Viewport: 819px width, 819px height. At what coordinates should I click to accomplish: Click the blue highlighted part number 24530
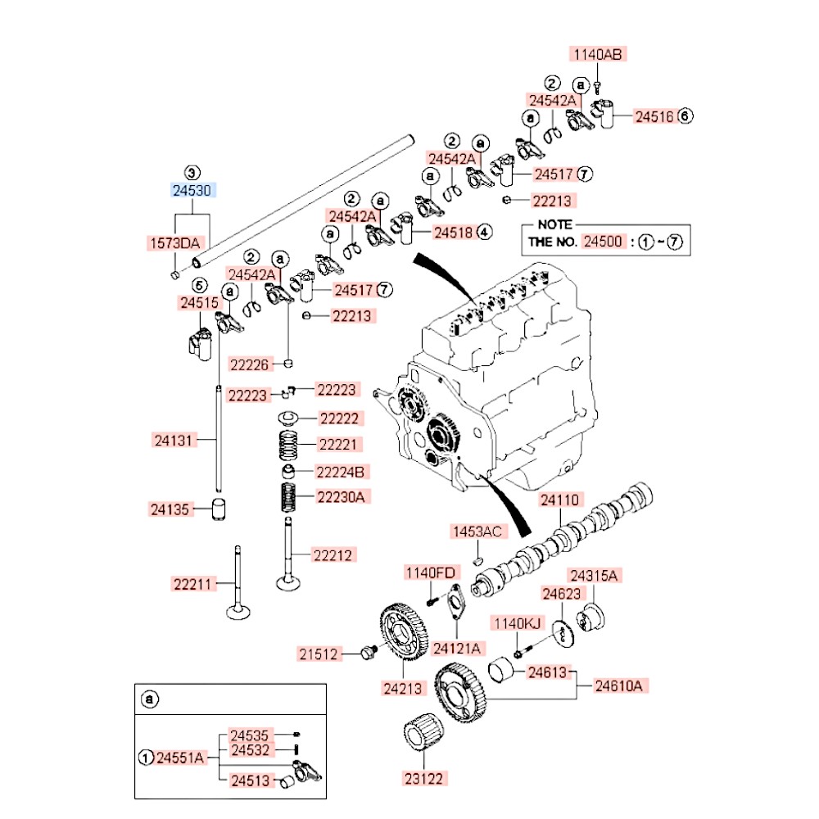(192, 190)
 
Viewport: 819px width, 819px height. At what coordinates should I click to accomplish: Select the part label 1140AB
(597, 55)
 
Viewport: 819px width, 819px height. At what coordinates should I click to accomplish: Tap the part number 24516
(654, 116)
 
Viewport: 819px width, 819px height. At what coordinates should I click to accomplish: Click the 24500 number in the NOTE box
(604, 242)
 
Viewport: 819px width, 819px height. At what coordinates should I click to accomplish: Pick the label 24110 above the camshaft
(559, 499)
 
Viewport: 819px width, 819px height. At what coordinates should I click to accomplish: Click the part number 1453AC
(476, 532)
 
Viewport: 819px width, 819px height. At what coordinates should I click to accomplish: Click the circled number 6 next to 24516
(685, 116)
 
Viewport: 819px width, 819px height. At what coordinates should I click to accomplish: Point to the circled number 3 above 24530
(191, 173)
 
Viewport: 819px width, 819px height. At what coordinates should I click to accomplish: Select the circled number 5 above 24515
(199, 285)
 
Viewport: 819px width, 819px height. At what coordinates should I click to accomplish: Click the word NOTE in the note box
(554, 224)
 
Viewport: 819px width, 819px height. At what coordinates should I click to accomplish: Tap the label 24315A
(595, 575)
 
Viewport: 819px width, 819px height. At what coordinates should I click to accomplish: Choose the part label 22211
(193, 584)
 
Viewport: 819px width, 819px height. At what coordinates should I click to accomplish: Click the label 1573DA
(174, 242)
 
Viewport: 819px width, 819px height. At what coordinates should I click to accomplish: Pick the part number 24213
(404, 688)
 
